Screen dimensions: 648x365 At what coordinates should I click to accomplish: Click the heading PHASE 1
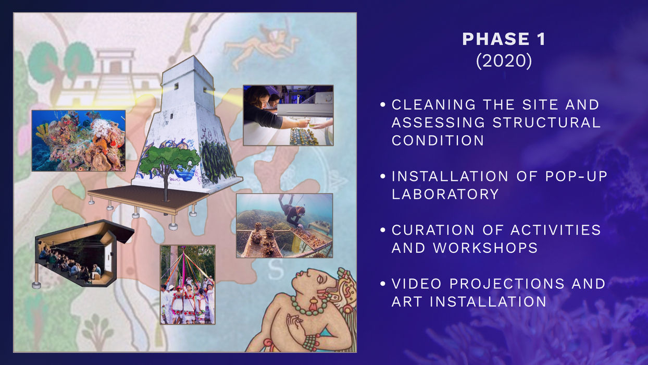[504, 39]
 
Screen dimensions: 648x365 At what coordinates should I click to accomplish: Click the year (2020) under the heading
[504, 61]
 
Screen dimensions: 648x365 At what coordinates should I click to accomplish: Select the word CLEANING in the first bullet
[433, 105]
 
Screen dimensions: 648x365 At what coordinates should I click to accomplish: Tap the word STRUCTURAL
[546, 123]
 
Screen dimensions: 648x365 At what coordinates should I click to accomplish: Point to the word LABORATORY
[445, 194]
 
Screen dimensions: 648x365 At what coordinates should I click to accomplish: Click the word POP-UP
[576, 176]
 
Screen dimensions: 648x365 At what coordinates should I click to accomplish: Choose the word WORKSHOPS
[485, 248]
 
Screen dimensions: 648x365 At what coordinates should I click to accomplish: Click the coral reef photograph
[79, 140]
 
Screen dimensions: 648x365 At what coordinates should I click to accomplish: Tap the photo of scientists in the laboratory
[288, 115]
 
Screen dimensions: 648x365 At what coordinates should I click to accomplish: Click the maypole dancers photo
[188, 285]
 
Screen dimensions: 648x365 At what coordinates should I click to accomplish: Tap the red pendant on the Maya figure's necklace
[313, 305]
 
